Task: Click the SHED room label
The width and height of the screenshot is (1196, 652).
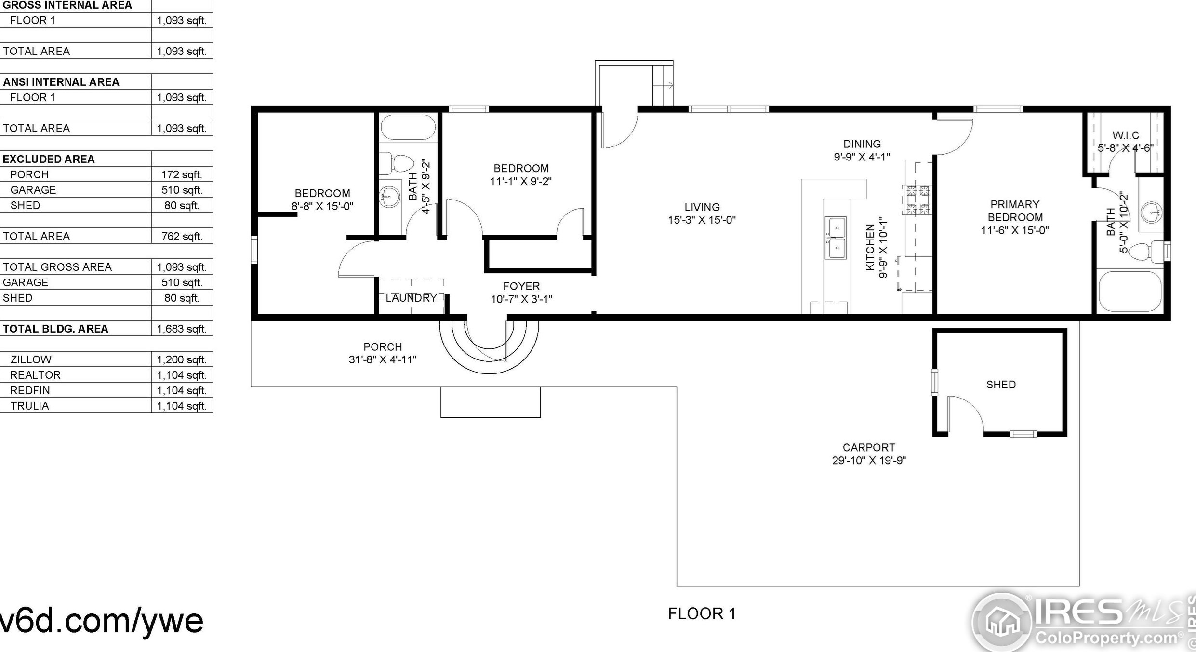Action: coord(1001,385)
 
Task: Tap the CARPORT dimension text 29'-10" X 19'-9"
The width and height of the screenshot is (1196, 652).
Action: coord(869,460)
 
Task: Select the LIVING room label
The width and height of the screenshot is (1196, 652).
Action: coord(702,207)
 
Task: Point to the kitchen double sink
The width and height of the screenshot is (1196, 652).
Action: coord(837,238)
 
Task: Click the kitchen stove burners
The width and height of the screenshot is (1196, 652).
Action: coord(918,199)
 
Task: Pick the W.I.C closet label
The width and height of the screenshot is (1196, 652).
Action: coord(1126,135)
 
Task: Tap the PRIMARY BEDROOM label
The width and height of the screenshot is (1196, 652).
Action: coord(1015,211)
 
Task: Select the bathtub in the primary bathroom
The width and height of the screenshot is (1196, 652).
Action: coord(1130,292)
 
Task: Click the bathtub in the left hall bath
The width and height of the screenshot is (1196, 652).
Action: coord(408,127)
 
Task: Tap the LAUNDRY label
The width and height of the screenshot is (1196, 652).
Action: coord(411,298)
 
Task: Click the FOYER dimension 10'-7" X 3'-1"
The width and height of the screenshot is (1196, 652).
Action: coord(521,299)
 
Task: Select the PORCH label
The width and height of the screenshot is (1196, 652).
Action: coord(383,347)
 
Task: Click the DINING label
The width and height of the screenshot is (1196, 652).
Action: coord(862,144)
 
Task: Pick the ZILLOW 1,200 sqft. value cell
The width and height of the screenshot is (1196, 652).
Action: coord(182,359)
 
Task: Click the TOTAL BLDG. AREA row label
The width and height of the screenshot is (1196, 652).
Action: coord(55,329)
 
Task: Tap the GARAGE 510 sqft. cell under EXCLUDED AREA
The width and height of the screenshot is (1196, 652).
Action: coord(182,190)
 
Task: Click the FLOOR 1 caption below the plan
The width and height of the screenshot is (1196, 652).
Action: coord(702,613)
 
